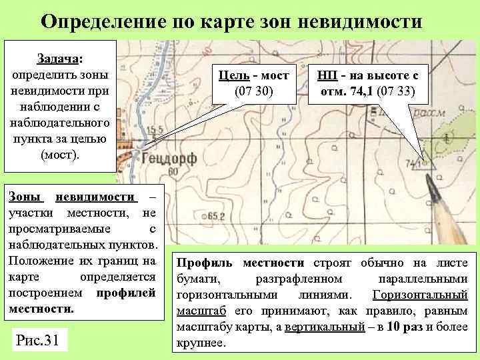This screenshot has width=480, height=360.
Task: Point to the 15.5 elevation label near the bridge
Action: pyautogui.click(x=155, y=129)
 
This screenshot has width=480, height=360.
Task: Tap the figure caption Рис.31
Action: pyautogui.click(x=37, y=341)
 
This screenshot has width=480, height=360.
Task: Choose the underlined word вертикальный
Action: pyautogui.click(x=329, y=328)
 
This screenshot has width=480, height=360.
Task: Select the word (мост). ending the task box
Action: pyautogui.click(x=60, y=154)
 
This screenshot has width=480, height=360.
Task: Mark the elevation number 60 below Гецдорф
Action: pyautogui.click(x=175, y=173)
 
